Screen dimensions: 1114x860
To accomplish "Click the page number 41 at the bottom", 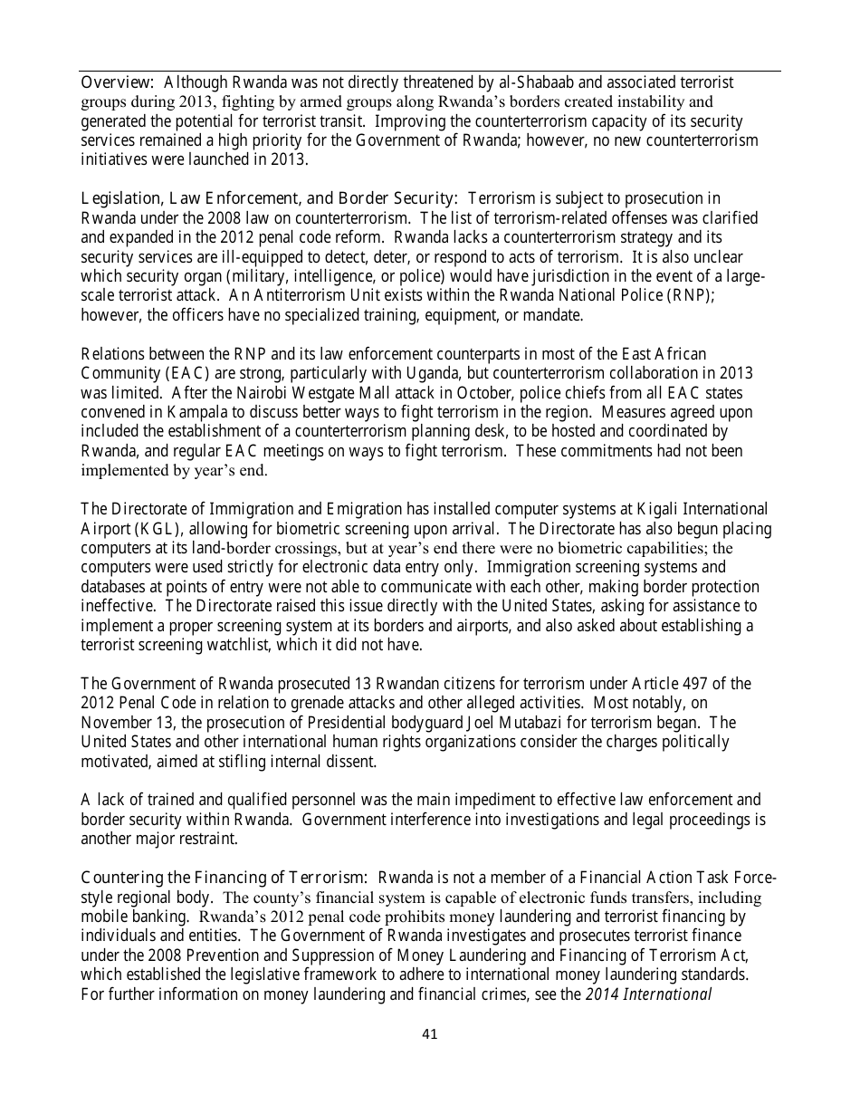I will (x=430, y=1033).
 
